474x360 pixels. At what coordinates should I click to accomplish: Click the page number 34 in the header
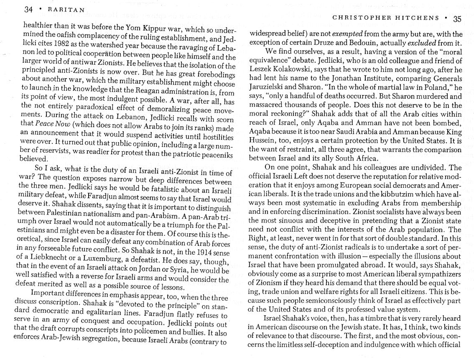pyautogui.click(x=29, y=10)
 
